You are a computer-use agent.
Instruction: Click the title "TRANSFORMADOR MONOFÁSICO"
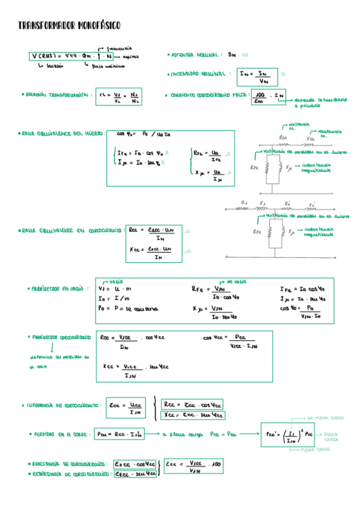[x=69, y=25]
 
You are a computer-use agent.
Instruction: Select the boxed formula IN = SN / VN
[x=257, y=76]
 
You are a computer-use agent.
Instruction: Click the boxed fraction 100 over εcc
[x=260, y=97]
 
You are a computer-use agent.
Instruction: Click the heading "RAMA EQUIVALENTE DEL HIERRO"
[x=62, y=134]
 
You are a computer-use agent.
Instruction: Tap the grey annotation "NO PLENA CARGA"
[x=326, y=417]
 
